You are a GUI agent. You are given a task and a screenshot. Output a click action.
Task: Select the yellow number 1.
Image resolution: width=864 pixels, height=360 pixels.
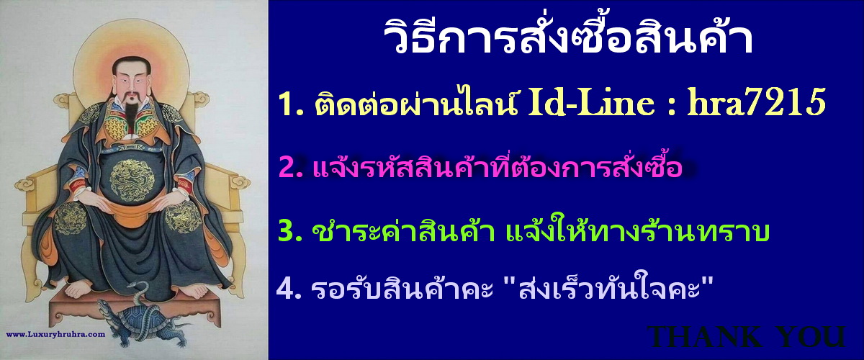pyautogui.click(x=284, y=106)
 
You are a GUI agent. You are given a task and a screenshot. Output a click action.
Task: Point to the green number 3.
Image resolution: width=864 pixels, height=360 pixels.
pyautogui.click(x=287, y=232)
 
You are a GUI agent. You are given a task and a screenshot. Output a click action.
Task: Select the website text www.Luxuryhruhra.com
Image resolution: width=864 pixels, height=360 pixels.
pyautogui.click(x=56, y=334)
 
